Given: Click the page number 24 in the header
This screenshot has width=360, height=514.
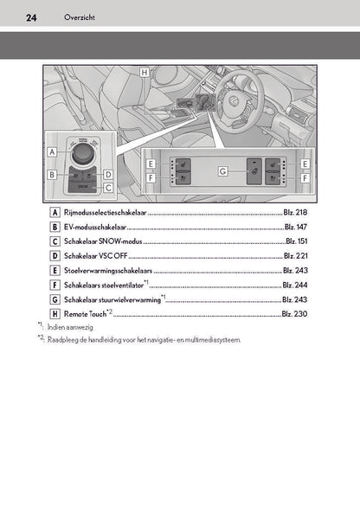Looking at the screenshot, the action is [31, 17].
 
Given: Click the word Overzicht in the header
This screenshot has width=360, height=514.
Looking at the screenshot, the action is [80, 17].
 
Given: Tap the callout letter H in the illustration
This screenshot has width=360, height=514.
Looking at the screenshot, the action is [145, 72].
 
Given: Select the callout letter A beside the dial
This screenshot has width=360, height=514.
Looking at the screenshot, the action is [52, 152].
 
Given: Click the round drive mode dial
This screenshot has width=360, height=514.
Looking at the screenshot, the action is [82, 154].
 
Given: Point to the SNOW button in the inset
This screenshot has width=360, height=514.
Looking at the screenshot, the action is [82, 186].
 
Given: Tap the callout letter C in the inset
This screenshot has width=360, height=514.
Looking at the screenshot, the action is [108, 188].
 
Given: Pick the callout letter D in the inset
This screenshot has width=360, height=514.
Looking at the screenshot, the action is [108, 175].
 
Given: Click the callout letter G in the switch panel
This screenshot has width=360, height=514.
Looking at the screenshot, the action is [223, 171].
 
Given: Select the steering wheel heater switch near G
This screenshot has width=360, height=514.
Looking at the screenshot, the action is [254, 171].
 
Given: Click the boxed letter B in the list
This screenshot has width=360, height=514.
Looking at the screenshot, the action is [55, 227].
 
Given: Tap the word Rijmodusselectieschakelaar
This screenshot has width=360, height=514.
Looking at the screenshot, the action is [106, 212].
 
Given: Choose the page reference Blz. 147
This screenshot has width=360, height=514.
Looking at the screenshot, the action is [296, 227].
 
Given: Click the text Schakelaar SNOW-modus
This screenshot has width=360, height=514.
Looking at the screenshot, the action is [103, 241].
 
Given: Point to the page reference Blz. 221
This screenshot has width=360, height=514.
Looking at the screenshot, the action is [295, 255].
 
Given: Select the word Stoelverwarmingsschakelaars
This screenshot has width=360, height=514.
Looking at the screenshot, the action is [108, 271].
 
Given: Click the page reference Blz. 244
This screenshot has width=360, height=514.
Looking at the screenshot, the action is [295, 285].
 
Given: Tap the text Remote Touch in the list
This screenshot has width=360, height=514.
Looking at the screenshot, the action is [86, 314].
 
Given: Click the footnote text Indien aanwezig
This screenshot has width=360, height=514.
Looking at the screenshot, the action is [70, 327].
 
